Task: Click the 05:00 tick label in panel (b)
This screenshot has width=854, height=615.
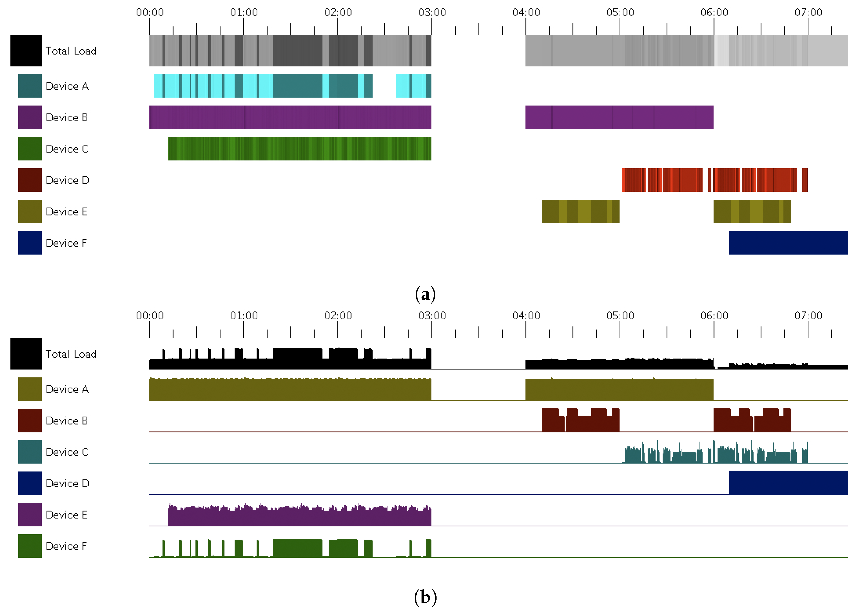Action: pyautogui.click(x=620, y=316)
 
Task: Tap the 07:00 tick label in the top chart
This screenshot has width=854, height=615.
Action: pyautogui.click(x=808, y=12)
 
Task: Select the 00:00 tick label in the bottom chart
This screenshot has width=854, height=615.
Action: pyautogui.click(x=150, y=316)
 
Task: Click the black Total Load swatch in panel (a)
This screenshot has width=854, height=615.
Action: pyautogui.click(x=26, y=50)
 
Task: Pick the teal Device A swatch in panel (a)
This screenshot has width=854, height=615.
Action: pyautogui.click(x=30, y=86)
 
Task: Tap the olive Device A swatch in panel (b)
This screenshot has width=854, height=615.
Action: pyautogui.click(x=30, y=389)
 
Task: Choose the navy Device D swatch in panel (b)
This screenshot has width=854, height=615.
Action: pyautogui.click(x=30, y=483)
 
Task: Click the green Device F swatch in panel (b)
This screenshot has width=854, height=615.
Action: pyautogui.click(x=30, y=546)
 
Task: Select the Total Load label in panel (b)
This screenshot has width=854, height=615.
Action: pyautogui.click(x=71, y=354)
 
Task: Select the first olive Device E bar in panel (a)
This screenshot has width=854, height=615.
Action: pyautogui.click(x=580, y=211)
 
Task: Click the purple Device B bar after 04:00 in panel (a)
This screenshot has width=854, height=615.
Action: pyautogui.click(x=619, y=117)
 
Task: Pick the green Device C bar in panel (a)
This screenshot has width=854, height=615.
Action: pyautogui.click(x=299, y=149)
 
